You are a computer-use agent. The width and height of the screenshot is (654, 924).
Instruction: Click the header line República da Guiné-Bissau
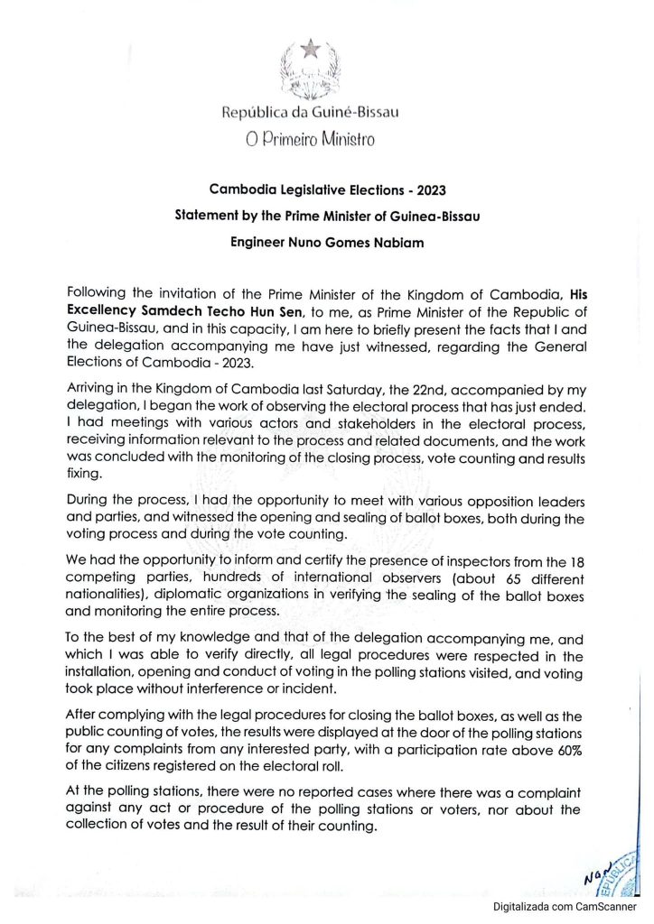(x=310, y=114)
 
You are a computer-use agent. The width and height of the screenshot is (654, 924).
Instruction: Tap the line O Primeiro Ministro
(x=310, y=140)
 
